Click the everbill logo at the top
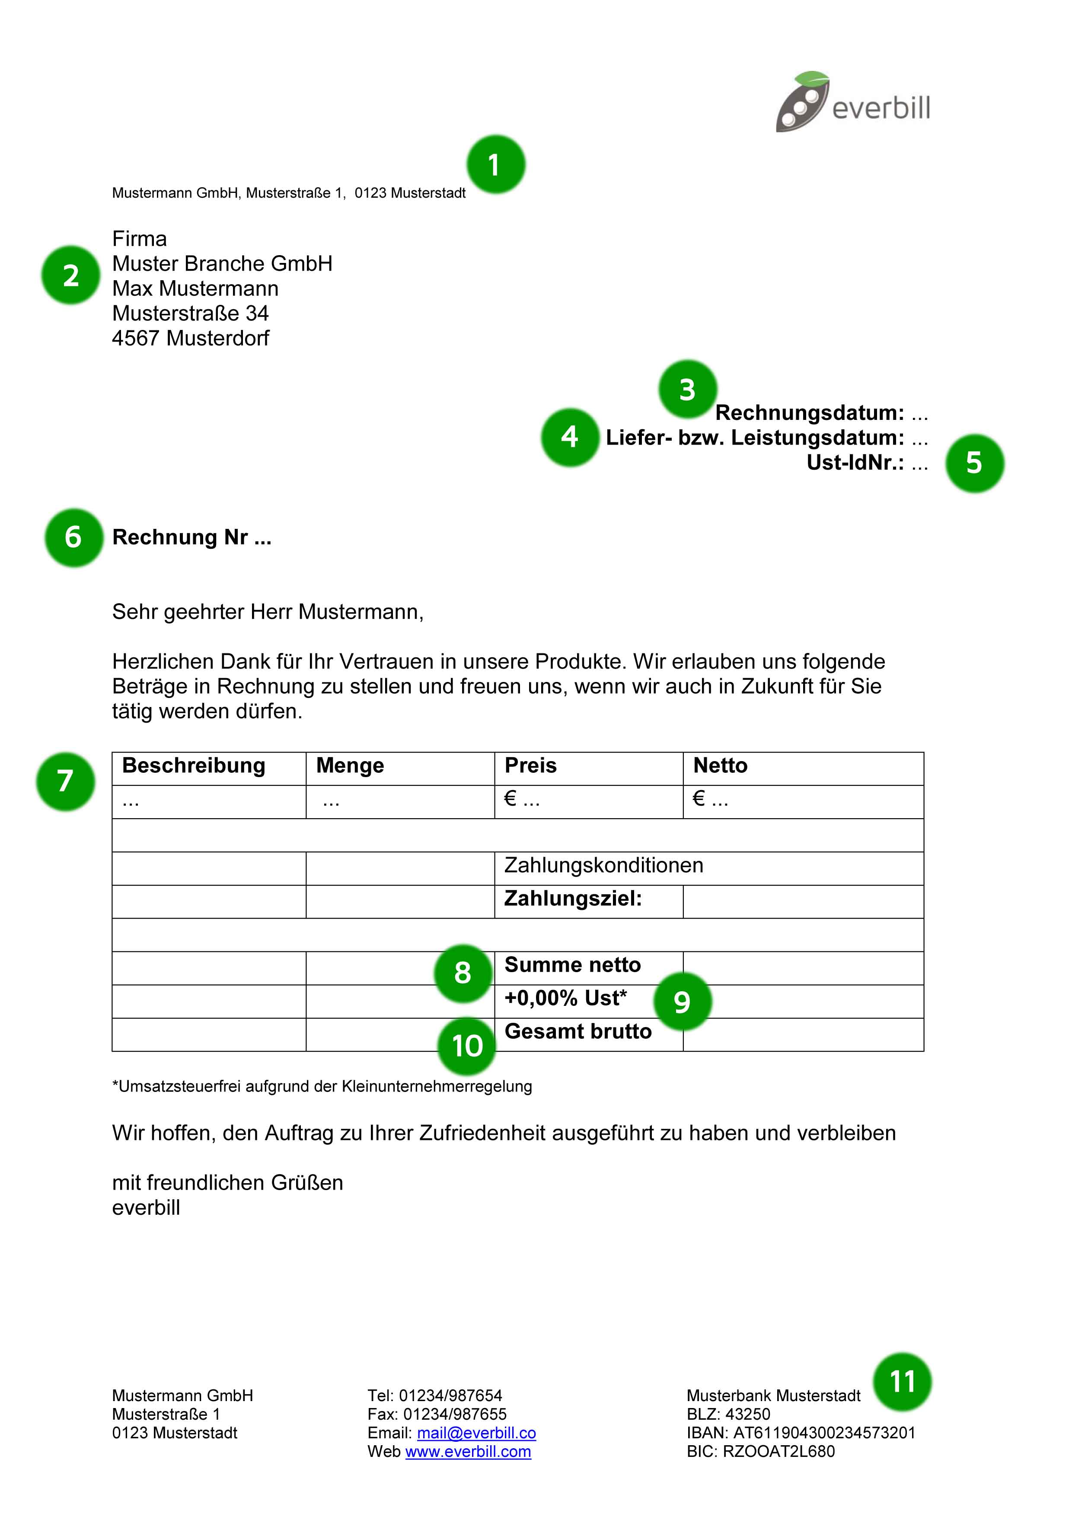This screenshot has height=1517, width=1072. [x=852, y=103]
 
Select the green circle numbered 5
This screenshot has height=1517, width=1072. [x=974, y=463]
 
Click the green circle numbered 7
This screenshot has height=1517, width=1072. [x=65, y=781]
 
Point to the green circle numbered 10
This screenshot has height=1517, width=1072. [x=466, y=1046]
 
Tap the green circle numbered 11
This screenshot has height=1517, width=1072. [x=902, y=1382]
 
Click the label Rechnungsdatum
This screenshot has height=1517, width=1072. [x=809, y=413]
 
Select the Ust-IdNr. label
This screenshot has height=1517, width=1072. [x=855, y=463]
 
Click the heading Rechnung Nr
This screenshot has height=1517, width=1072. [x=191, y=537]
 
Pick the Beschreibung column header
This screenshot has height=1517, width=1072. [x=194, y=766]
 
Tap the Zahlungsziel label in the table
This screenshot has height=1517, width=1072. [x=573, y=899]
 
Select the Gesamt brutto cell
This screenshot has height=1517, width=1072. [x=578, y=1031]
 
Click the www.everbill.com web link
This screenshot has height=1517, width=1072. [x=468, y=1452]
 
